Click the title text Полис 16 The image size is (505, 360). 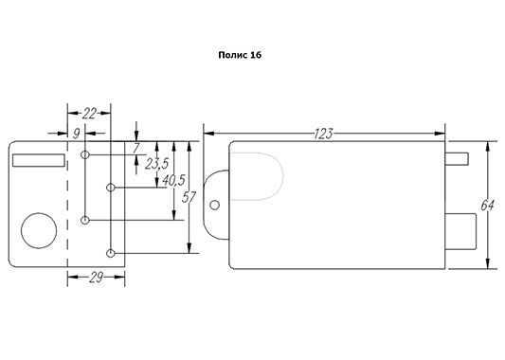pyautogui.click(x=240, y=55)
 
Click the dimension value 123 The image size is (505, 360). pyautogui.click(x=323, y=134)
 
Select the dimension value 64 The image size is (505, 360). pyautogui.click(x=487, y=206)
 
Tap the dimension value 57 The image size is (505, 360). pyautogui.click(x=189, y=197)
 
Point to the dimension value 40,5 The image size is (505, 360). pyautogui.click(x=173, y=180)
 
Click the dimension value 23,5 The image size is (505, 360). pyautogui.click(x=156, y=164)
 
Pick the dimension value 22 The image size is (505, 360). pyautogui.click(x=89, y=114)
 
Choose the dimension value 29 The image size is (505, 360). pyautogui.click(x=96, y=278)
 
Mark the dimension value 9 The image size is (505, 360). pyautogui.click(x=76, y=134)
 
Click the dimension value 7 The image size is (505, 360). pyautogui.click(x=136, y=149)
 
